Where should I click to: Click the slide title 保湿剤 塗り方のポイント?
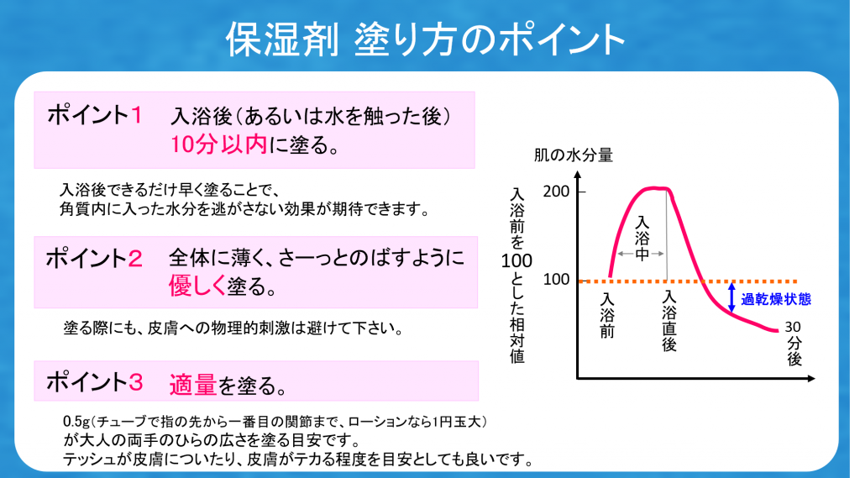tap(425, 39)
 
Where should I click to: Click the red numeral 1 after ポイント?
tap(137, 115)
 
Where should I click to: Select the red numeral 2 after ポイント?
tap(135, 259)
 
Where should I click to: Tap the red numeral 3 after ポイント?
tap(135, 382)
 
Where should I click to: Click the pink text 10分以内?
tap(219, 144)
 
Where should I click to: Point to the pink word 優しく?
tap(197, 286)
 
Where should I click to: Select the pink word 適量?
tap(193, 385)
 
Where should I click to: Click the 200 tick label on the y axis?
tap(556, 191)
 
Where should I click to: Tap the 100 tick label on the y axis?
tap(556, 280)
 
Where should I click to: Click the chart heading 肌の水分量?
tap(573, 155)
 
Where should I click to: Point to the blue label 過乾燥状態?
tap(776, 299)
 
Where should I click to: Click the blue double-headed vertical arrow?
tap(732, 297)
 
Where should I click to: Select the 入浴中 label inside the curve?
tap(642, 239)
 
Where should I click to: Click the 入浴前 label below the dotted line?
tap(607, 316)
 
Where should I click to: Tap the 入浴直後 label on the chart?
tap(669, 321)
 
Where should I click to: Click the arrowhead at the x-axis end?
tap(811, 378)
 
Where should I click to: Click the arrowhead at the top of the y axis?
tap(578, 175)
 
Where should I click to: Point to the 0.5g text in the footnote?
tap(76, 422)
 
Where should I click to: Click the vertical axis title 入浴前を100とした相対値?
tap(517, 276)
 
